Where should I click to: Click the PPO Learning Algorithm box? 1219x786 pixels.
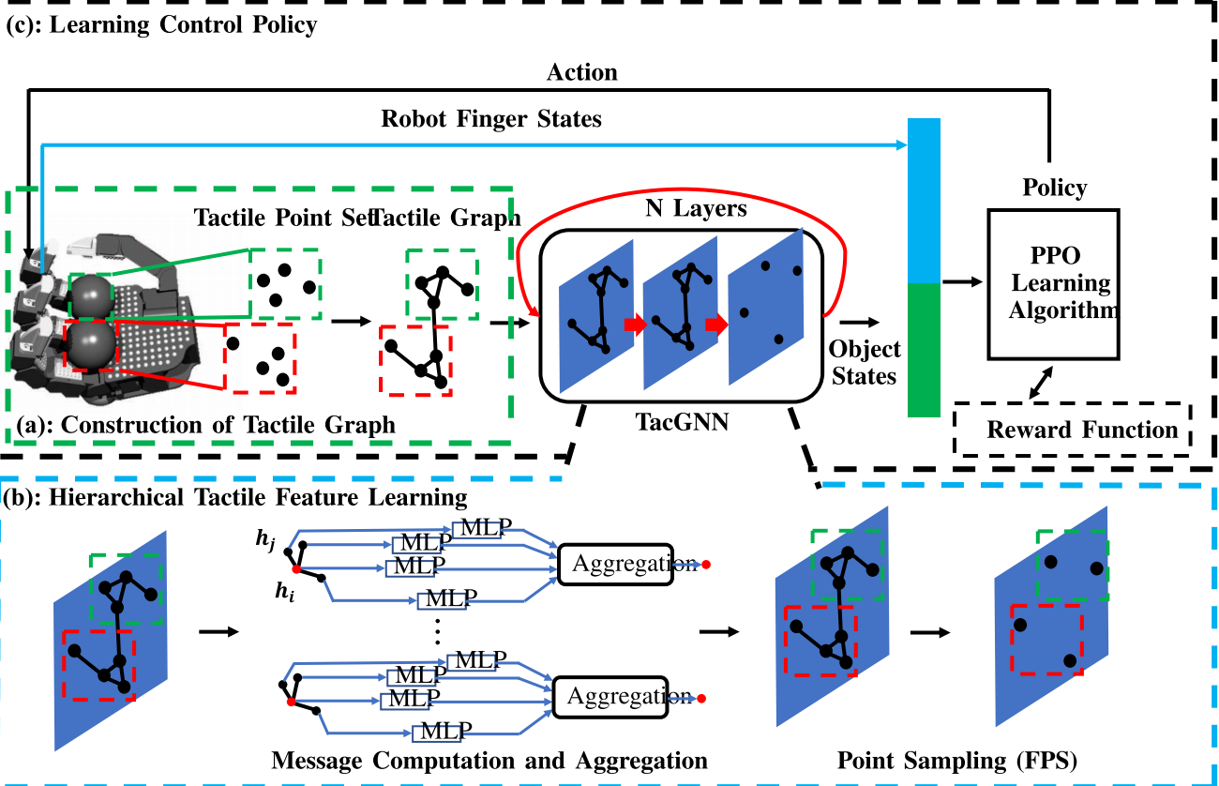click(1053, 284)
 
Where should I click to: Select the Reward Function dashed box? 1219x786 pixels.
click(1070, 431)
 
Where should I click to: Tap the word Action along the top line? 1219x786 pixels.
click(581, 72)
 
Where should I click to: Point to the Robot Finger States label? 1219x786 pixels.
click(490, 119)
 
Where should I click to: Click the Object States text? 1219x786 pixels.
click(865, 362)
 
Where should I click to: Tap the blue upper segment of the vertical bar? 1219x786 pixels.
click(925, 199)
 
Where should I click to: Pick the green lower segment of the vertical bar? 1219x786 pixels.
click(925, 349)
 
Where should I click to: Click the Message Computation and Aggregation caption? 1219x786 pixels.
click(489, 760)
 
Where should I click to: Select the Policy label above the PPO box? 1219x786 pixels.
click(1054, 188)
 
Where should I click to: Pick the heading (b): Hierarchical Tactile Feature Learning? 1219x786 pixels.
click(236, 497)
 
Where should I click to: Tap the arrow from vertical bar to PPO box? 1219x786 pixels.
click(961, 281)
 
